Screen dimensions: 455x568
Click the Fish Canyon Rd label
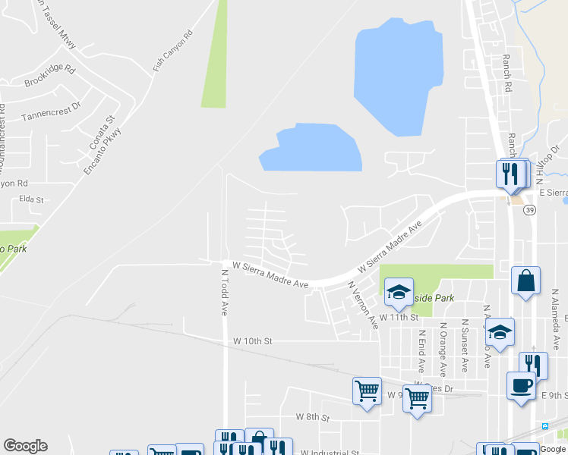pos(174,51)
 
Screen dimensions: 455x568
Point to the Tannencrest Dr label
pos(50,111)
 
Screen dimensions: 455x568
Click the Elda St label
pos(31,199)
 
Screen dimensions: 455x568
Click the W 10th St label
pos(252,341)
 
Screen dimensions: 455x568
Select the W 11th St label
pos(399,316)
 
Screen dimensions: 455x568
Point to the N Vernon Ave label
pos(363,305)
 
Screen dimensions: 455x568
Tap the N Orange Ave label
pos(442,348)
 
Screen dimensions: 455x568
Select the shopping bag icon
pos(525,281)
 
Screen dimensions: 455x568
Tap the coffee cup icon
pos(522,384)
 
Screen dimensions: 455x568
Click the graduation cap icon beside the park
pos(399,292)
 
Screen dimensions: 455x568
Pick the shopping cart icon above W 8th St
pos(368,391)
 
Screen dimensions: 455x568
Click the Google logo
pos(25,446)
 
